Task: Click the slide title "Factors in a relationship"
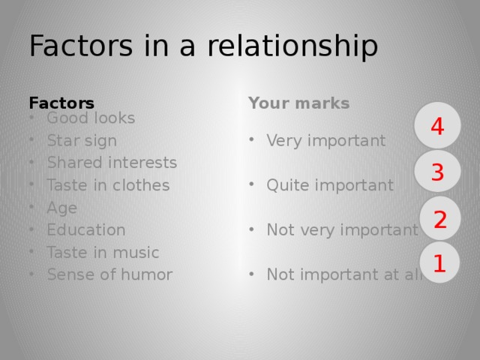(202, 46)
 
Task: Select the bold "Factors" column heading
(61, 103)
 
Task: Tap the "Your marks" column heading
(299, 103)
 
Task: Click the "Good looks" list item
(90, 118)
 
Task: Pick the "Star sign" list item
(81, 140)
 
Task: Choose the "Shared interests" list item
(112, 163)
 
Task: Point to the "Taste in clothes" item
(108, 185)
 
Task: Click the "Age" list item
(61, 208)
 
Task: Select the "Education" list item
(85, 230)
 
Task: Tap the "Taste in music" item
(102, 253)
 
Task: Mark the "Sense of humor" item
(109, 274)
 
